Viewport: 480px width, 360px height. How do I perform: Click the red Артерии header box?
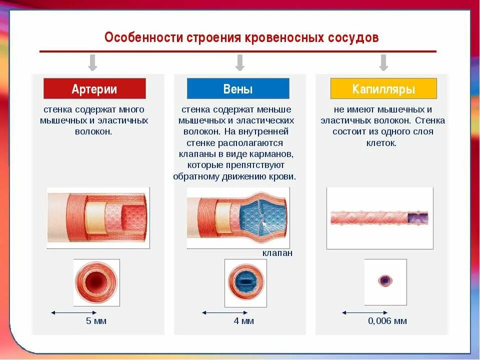pos(94,89)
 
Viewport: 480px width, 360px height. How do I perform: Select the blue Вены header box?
pos(238,89)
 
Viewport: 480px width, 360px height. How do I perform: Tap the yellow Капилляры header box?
pos(383,89)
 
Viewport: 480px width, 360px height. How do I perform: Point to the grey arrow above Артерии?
pos(92,62)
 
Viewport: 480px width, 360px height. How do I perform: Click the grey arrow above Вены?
pos(240,62)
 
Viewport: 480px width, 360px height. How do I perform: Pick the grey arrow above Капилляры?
pos(384,62)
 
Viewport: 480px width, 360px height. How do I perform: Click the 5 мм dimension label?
pos(96,321)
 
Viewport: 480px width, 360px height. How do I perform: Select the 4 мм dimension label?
pos(244,321)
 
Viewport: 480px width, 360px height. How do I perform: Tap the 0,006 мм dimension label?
pos(387,321)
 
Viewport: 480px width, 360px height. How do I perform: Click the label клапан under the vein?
pos(277,253)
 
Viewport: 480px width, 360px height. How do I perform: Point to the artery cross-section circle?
pos(96,281)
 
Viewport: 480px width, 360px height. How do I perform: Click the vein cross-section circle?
pos(245,281)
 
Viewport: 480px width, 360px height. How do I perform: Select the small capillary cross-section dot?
pos(385,280)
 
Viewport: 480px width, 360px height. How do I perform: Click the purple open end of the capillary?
pos(417,218)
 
